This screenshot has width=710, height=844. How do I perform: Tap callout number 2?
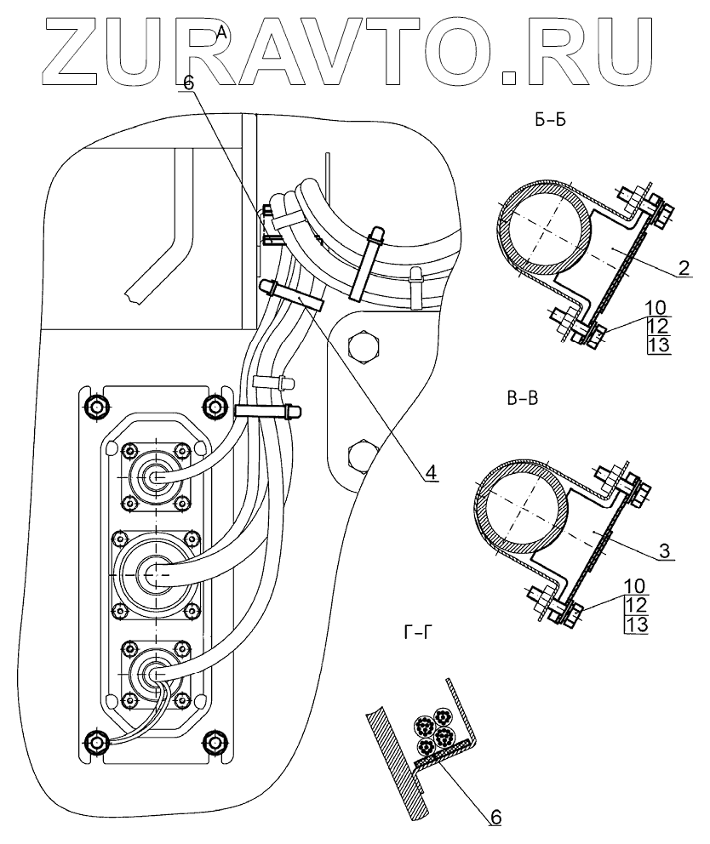(x=684, y=269)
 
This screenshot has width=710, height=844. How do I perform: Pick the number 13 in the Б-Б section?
(x=659, y=344)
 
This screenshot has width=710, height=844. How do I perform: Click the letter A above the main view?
(x=221, y=32)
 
